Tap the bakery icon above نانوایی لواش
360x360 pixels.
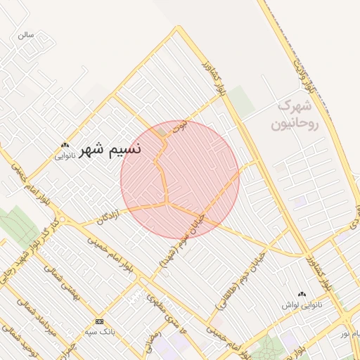[x=302, y=295]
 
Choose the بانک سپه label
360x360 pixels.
[x=98, y=330]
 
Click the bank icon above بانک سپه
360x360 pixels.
[x=98, y=321]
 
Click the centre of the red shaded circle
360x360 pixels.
[x=180, y=179]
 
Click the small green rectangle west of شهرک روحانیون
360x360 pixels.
[x=240, y=101]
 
